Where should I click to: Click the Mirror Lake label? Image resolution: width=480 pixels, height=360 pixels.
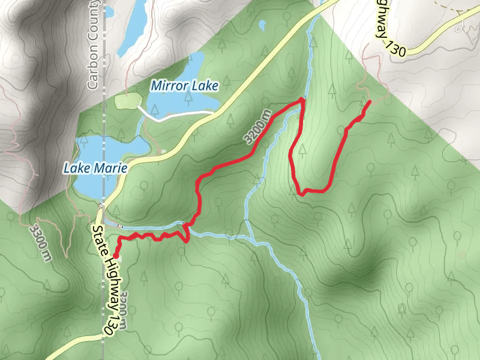[184, 86]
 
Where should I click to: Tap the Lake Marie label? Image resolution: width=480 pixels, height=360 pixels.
[95, 169]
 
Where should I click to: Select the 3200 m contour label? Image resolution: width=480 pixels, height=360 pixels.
[258, 127]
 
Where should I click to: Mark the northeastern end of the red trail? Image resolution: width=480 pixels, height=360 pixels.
[368, 103]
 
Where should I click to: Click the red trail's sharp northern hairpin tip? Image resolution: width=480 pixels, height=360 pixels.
[302, 100]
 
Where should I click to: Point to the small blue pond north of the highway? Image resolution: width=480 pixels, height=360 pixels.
[262, 25]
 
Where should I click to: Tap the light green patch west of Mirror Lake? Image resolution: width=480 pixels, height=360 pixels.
[125, 101]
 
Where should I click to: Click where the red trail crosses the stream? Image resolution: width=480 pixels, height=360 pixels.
[184, 226]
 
